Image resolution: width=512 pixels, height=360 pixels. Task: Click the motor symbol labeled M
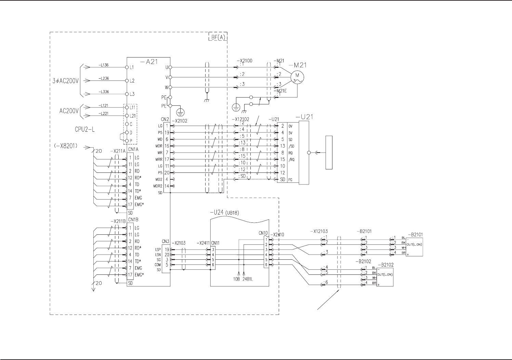(x=297, y=77)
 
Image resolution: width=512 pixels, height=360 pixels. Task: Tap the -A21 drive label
(x=149, y=62)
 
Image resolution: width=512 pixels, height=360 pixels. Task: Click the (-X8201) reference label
(x=66, y=145)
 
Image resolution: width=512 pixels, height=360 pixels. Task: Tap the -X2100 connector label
(x=244, y=61)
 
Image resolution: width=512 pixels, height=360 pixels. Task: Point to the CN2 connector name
(x=165, y=119)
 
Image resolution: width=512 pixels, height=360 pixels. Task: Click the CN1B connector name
(x=133, y=220)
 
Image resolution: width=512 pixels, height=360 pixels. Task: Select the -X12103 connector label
(x=318, y=231)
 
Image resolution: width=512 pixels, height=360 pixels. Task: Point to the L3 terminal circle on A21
(x=127, y=94)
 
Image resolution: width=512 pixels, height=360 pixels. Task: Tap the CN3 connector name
(x=165, y=242)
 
